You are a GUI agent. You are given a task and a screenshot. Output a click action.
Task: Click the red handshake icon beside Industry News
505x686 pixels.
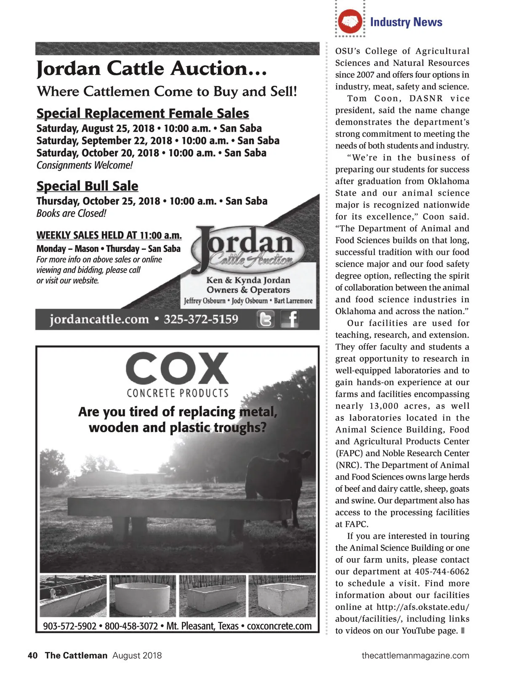pyautogui.click(x=351, y=21)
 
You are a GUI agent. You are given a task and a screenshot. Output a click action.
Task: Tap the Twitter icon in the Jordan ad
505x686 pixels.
pyautogui.click(x=266, y=319)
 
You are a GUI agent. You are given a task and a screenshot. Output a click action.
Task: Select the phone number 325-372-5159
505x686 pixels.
pyautogui.click(x=201, y=319)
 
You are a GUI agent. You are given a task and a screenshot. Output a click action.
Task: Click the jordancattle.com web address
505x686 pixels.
pyautogui.click(x=99, y=319)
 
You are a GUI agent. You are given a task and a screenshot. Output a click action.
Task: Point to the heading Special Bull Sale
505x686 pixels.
pyautogui.click(x=87, y=186)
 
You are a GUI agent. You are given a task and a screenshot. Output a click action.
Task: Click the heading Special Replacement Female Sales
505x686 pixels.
pyautogui.click(x=143, y=113)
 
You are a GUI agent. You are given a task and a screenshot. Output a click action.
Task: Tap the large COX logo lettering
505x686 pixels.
pyautogui.click(x=177, y=368)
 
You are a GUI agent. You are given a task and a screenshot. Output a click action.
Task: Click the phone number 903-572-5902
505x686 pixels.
pyautogui.click(x=70, y=626)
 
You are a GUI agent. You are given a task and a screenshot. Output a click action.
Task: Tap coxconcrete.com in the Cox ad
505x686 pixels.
pyautogui.click(x=279, y=626)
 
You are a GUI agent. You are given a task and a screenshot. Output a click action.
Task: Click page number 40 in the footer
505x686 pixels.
pyautogui.click(x=32, y=655)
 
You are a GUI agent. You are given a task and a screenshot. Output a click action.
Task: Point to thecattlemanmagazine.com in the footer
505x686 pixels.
pyautogui.click(x=415, y=655)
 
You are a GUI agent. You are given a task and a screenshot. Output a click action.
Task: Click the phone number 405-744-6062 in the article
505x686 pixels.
pyautogui.click(x=442, y=572)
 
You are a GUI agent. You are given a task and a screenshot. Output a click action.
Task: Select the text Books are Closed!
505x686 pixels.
pyautogui.click(x=71, y=213)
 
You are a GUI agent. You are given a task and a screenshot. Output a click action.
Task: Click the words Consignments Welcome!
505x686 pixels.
pyautogui.click(x=85, y=165)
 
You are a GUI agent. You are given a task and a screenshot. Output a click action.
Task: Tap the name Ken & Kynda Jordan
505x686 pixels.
pyautogui.click(x=248, y=280)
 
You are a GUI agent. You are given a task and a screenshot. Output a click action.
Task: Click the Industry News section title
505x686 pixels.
pyautogui.click(x=406, y=22)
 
